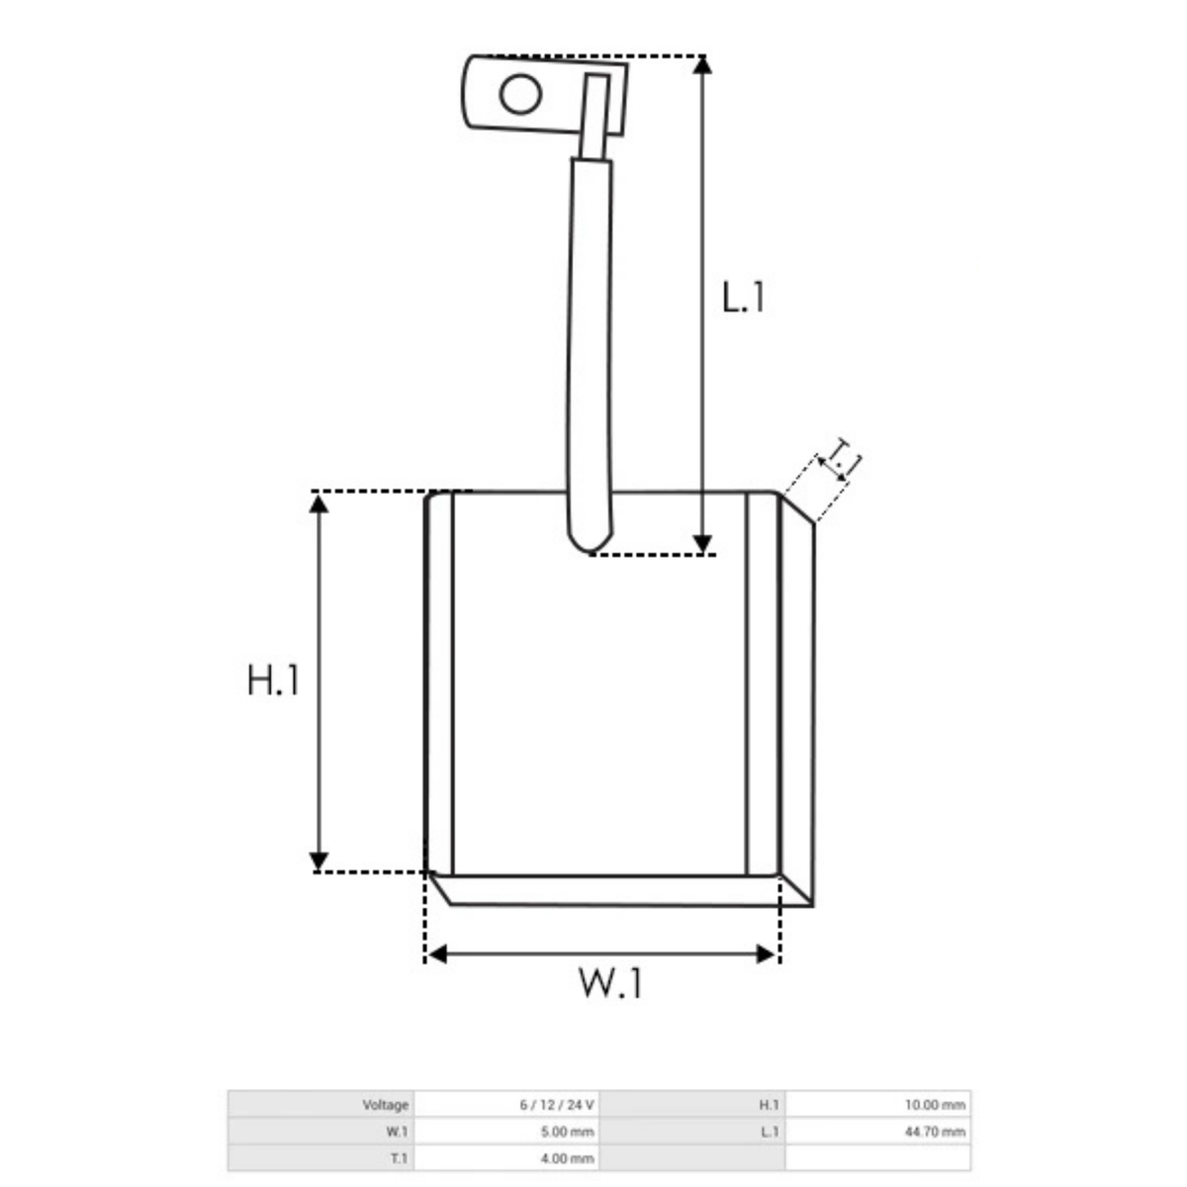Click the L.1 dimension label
(x=743, y=298)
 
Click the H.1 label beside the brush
(x=273, y=680)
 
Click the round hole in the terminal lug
(x=520, y=94)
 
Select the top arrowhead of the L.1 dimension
(x=702, y=64)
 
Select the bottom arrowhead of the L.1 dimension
(x=702, y=544)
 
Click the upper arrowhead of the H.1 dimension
(x=319, y=503)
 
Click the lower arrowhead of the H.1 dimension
(x=319, y=862)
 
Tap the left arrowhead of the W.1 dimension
(x=437, y=955)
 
